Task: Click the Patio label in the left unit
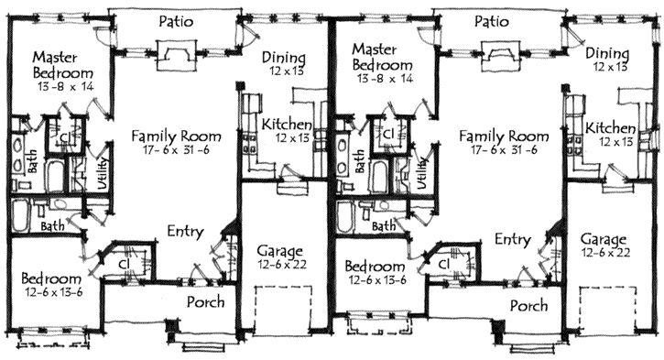tap(176, 22)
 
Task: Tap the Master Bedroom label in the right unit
tap(382, 57)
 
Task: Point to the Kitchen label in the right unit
tap(610, 128)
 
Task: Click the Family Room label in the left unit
tap(176, 136)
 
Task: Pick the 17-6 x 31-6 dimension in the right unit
tap(504, 149)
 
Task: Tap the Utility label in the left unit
tap(103, 173)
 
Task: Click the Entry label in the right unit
tap(513, 239)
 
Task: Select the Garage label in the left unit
tap(280, 251)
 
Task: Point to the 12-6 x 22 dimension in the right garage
tap(605, 253)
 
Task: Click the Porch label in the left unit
tap(206, 302)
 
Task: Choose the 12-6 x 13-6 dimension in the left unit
tap(52, 292)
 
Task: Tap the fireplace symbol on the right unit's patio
tap(501, 56)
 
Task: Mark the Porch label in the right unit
tap(529, 306)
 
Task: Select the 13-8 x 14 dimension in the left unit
tap(66, 87)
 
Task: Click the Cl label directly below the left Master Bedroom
tap(65, 137)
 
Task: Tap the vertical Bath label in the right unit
tap(360, 161)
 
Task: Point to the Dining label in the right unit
tap(607, 54)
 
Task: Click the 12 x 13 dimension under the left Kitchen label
tap(292, 138)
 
